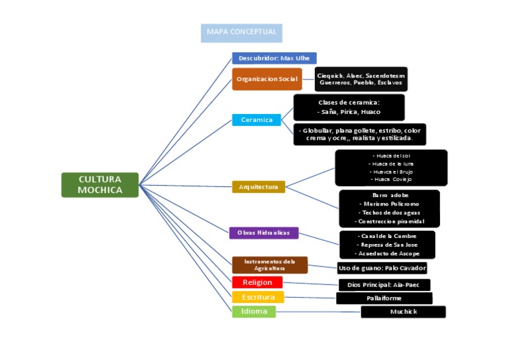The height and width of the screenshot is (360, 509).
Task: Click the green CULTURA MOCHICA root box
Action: coord(100,185)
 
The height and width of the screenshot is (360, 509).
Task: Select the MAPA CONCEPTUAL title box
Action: coord(242,33)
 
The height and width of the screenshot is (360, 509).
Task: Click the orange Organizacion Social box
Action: coord(267,79)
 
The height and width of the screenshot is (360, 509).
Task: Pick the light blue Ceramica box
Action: coord(256,120)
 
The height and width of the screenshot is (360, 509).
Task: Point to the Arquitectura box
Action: coord(258,187)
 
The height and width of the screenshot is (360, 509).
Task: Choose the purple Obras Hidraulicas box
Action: coord(264,233)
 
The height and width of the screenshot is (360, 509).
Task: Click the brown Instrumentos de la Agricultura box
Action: coord(270,265)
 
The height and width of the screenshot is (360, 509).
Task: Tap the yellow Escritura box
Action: coord(258,297)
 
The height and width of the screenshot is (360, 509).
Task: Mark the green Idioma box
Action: coord(254,312)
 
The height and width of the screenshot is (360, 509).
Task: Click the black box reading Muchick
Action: coord(403,312)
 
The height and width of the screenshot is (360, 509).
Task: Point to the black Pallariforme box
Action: coord(384,298)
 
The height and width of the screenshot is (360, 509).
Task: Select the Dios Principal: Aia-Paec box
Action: coord(384,285)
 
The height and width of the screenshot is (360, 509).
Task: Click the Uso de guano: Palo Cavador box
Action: coord(382,268)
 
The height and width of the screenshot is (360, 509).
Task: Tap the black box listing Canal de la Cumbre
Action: coord(387,245)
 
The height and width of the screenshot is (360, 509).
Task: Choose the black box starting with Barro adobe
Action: coord(389,208)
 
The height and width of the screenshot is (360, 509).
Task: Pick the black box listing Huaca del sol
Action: coord(391,168)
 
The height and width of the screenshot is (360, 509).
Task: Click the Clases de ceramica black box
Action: coord(349,107)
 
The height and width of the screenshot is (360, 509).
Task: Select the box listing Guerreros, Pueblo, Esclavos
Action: coord(361,80)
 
